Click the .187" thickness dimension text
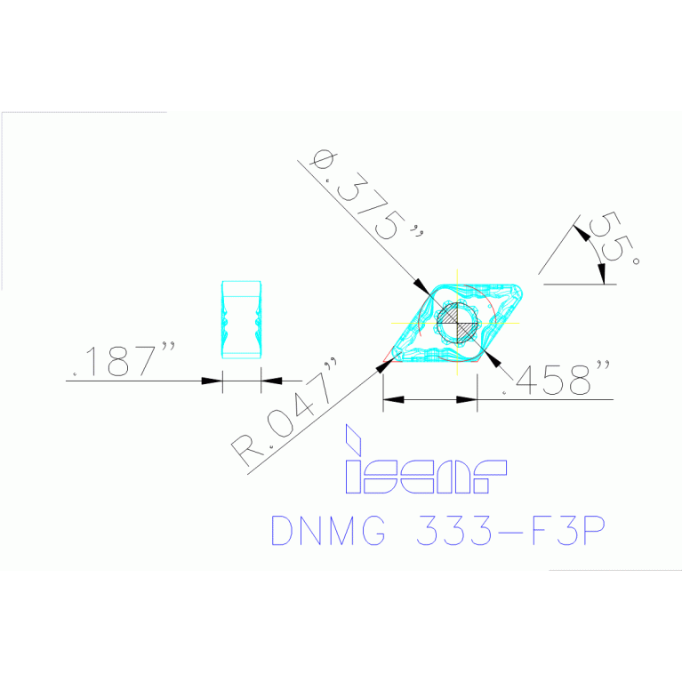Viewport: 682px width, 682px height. pos(124,361)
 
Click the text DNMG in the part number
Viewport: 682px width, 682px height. pos(328,531)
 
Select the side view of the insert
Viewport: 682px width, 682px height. pos(241,319)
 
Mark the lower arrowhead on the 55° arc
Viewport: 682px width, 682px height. pos(604,277)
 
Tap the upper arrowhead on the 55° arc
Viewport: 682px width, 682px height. pos(580,232)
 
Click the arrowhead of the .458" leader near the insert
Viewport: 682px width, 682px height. pos(493,359)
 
